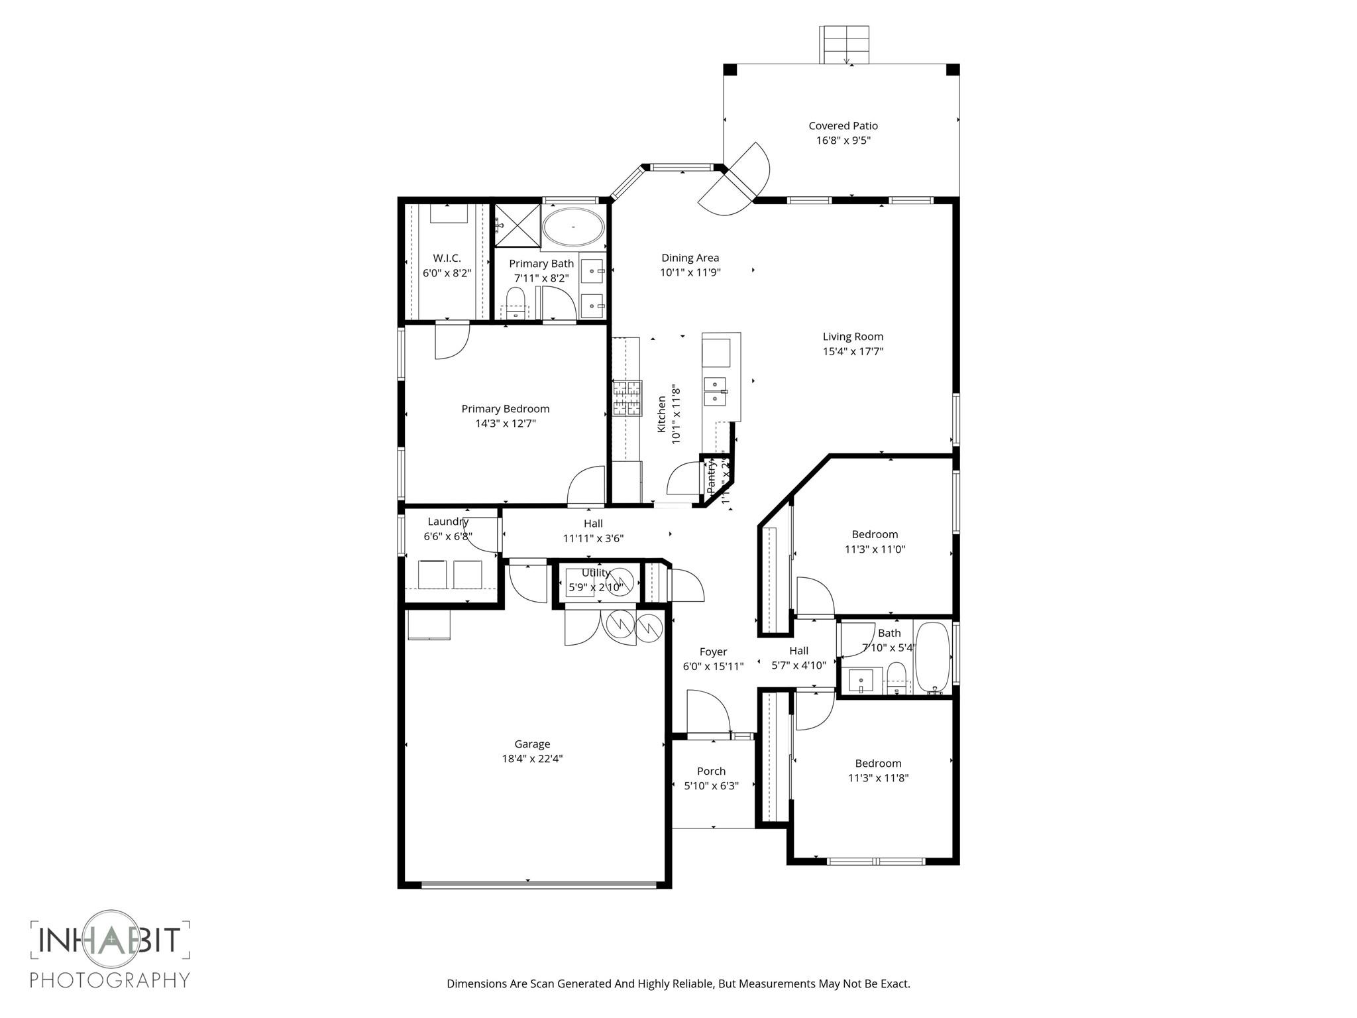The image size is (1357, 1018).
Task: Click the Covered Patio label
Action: click(843, 126)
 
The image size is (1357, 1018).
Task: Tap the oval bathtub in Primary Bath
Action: click(573, 228)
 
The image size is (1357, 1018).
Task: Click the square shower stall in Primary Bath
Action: click(517, 226)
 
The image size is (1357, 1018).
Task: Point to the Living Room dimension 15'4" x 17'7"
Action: click(853, 352)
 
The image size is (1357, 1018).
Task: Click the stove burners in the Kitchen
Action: click(627, 398)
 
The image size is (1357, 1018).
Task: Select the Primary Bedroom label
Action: click(505, 409)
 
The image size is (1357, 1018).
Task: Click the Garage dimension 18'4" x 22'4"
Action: click(532, 759)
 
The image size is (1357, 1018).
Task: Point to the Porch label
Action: click(711, 771)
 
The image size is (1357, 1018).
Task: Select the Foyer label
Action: click(713, 652)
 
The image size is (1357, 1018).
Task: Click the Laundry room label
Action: click(448, 522)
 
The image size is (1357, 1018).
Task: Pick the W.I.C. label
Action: click(447, 258)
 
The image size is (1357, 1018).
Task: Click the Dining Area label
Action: click(690, 258)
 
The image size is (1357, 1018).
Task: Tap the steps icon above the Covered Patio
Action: click(843, 44)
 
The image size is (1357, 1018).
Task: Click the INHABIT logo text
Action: click(109, 940)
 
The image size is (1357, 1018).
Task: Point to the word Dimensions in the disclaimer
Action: click(476, 984)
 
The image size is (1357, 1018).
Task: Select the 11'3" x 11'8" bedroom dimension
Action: click(878, 778)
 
